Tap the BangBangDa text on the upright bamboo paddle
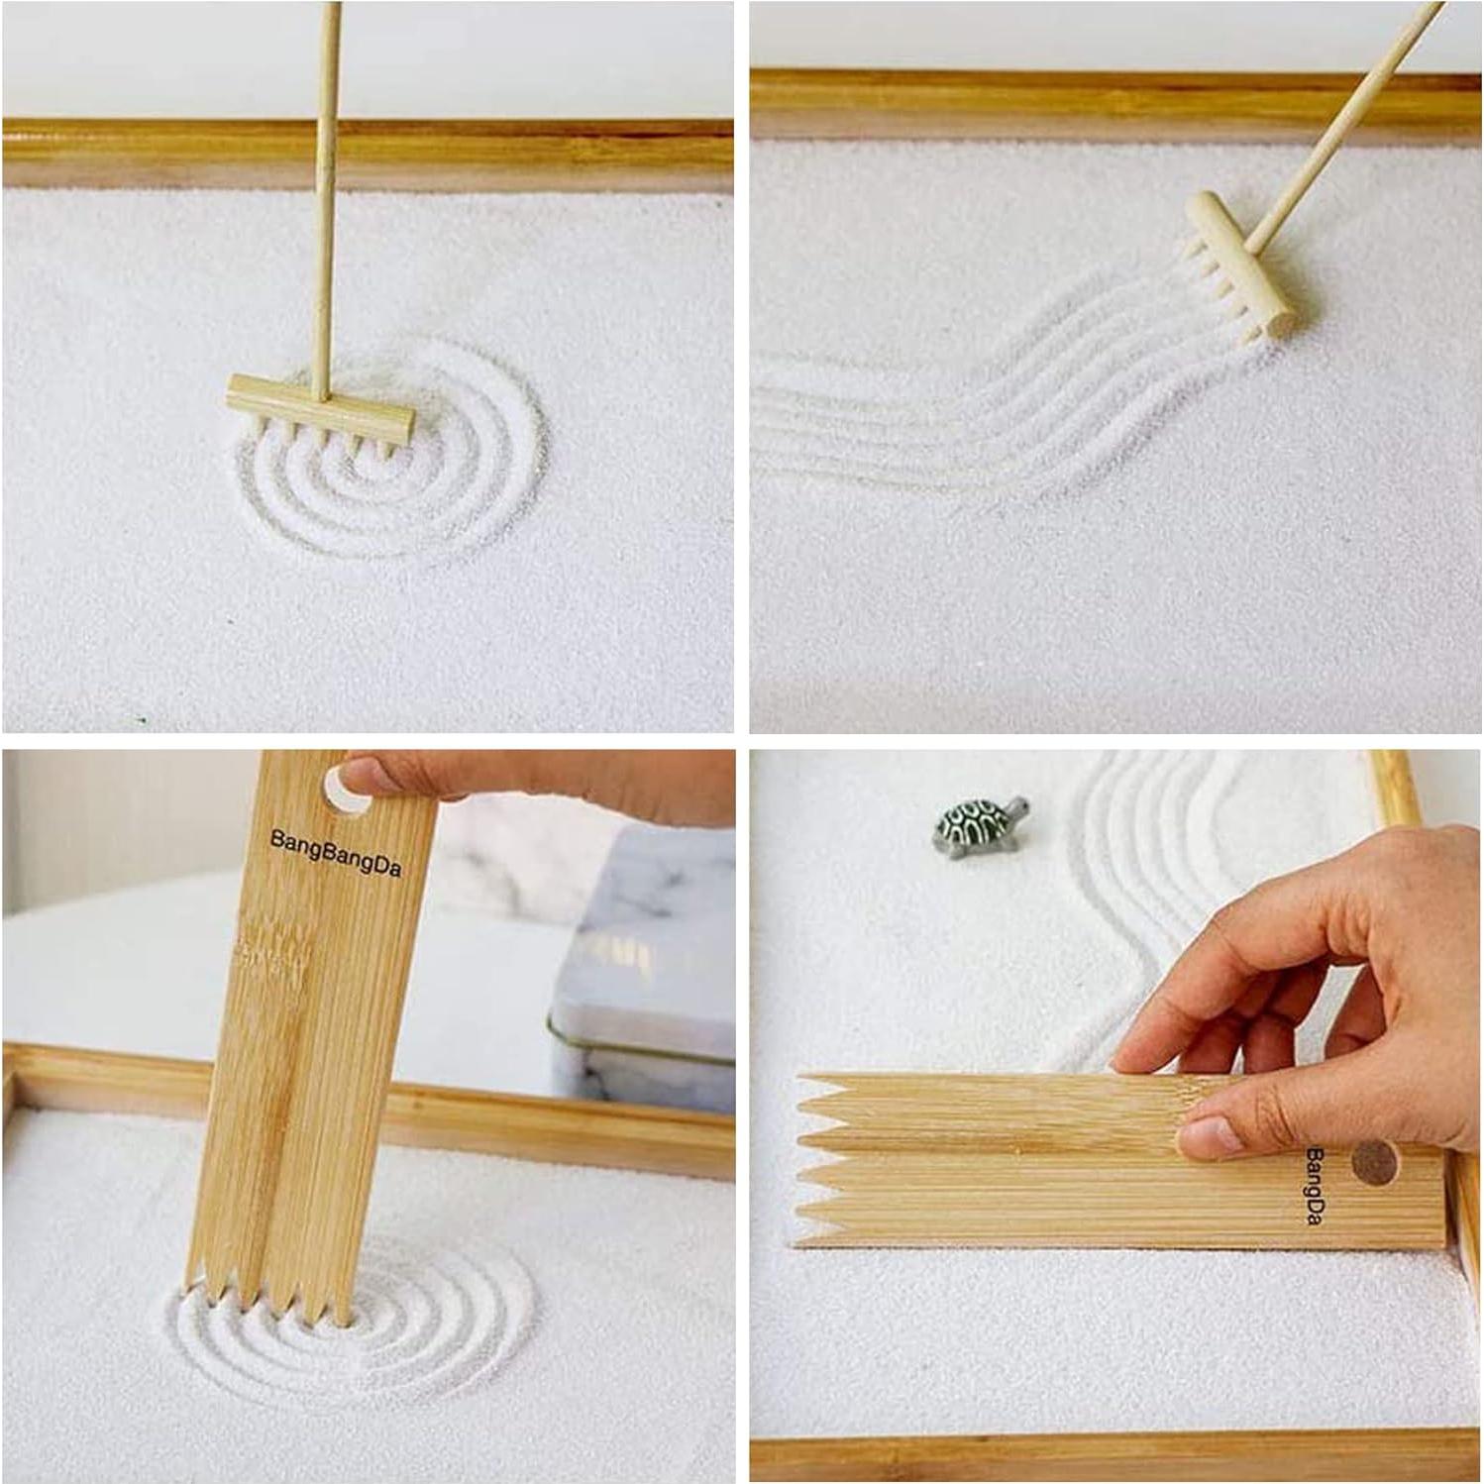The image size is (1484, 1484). [x=335, y=854]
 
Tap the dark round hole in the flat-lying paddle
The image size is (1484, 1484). [x=1373, y=1161]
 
